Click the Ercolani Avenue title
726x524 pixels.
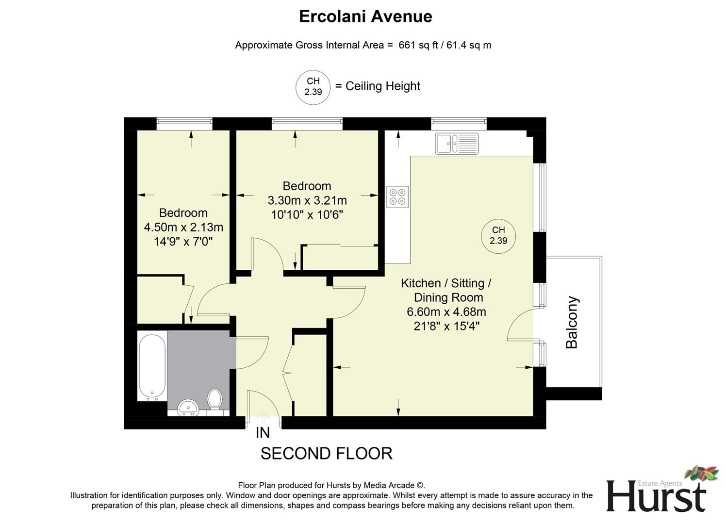coord(365,16)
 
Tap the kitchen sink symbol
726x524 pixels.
coord(457,144)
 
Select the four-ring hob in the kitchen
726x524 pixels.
coord(398,196)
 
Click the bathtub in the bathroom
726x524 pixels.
coord(152,366)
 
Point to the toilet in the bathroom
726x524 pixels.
coord(214,399)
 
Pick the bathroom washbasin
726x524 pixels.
coord(188,408)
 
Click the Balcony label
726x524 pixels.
coord(572,323)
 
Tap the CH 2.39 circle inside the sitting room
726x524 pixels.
coord(498,236)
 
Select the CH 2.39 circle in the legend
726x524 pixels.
coord(313,87)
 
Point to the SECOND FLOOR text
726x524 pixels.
coord(326,454)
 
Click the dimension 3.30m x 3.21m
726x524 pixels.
coord(307,200)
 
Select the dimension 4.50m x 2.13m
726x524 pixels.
coord(183,227)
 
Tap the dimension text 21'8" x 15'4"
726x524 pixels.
coord(446,327)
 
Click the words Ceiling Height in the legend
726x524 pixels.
coord(382,86)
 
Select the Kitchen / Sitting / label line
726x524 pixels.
coord(446,283)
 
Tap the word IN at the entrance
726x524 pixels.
coord(263,432)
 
